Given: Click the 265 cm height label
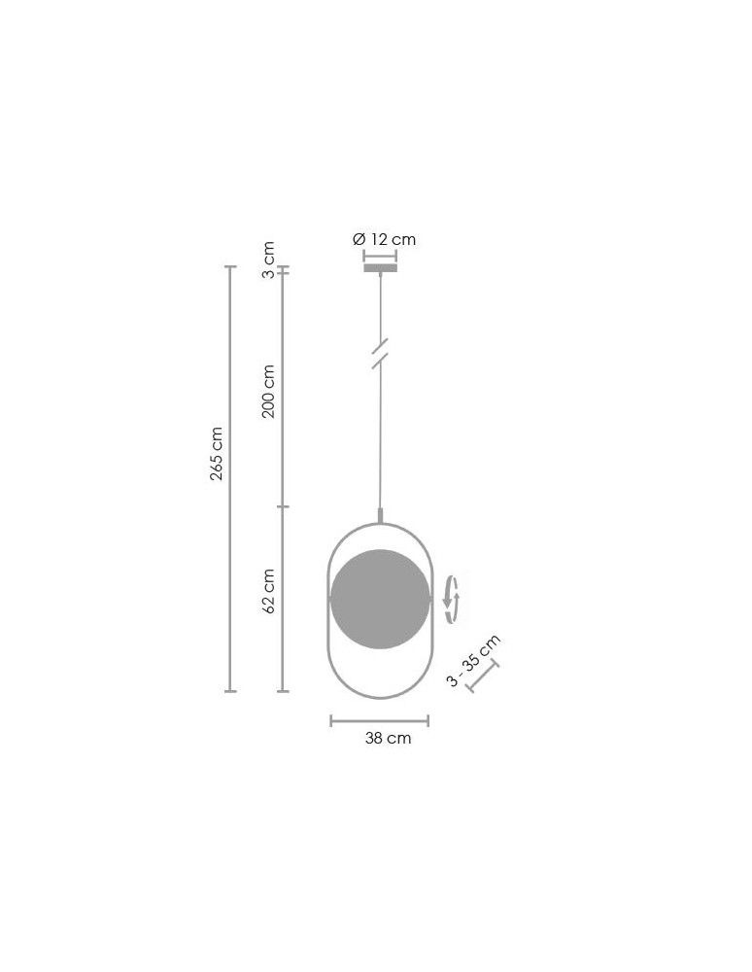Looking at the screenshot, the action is point(217,453).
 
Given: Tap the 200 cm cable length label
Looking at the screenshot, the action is point(268,391).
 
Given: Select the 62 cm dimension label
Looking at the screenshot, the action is point(268,591).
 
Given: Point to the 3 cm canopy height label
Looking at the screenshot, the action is point(267,260).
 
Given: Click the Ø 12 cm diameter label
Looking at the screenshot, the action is point(384,239).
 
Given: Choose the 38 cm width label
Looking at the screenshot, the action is point(388,738).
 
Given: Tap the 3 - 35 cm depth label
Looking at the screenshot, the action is point(473,661).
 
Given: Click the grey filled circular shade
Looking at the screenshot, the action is point(380,599).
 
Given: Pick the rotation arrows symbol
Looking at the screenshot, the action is point(452,600).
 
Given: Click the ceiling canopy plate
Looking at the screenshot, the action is point(380,268).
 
